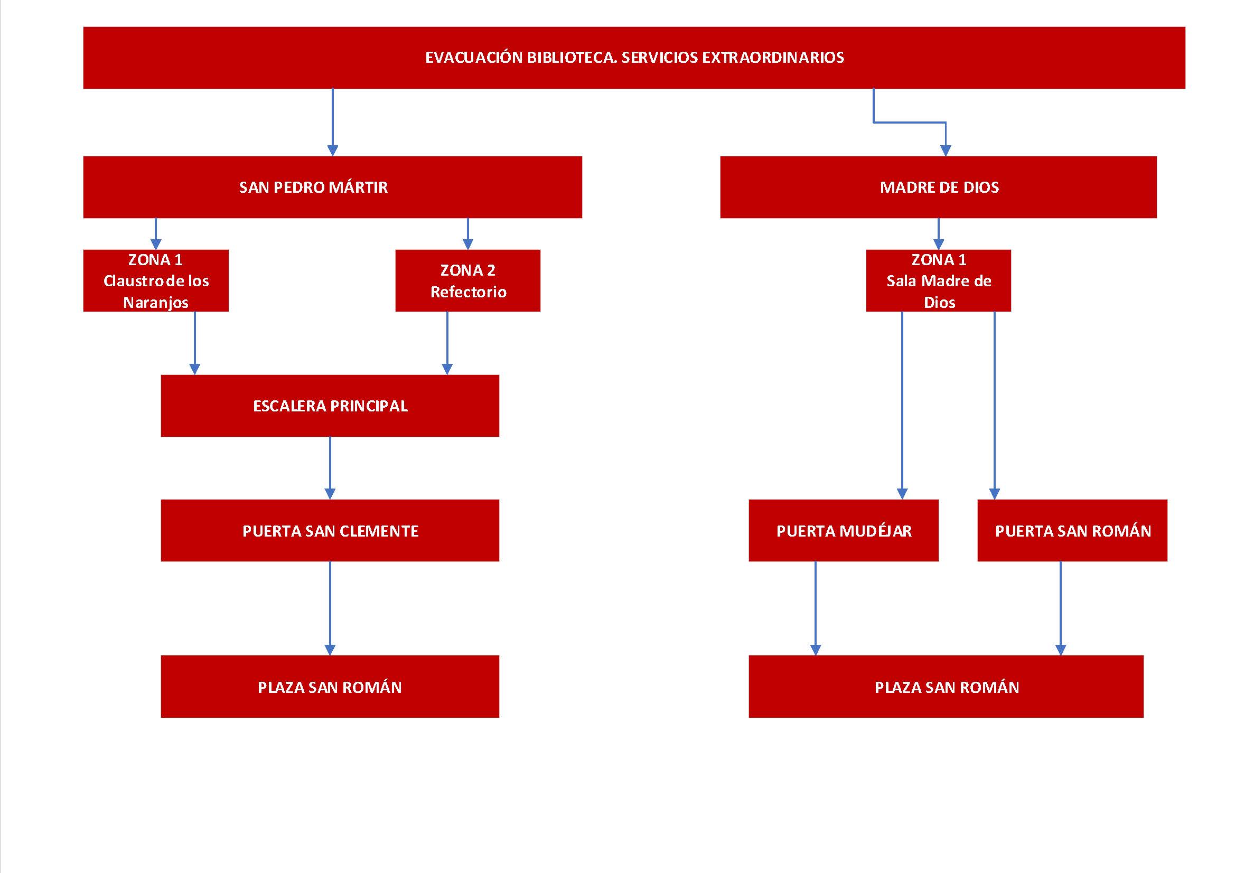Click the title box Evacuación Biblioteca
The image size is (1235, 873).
[x=634, y=58]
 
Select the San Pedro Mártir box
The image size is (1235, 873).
[x=332, y=187]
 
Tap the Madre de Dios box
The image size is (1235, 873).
[x=938, y=187]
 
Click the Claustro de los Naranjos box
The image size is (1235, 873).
[x=156, y=281]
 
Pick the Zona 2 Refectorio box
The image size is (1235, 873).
[x=468, y=281]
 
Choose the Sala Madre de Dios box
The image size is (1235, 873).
[x=939, y=281]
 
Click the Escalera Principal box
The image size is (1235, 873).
[x=330, y=406]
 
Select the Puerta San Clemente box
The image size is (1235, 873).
[x=330, y=530]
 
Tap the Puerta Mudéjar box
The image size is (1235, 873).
[x=844, y=530]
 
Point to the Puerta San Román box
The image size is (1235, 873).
[x=1072, y=530]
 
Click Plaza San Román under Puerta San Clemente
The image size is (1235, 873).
[x=330, y=687]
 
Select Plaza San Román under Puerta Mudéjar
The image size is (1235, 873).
[x=946, y=687]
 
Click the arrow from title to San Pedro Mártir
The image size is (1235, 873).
[x=333, y=123]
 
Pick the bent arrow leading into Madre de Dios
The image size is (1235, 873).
[x=909, y=123]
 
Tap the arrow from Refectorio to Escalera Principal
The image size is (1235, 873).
[x=447, y=343]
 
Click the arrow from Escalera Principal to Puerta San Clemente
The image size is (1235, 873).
[x=330, y=468]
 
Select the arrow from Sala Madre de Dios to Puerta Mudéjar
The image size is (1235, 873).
[x=902, y=406]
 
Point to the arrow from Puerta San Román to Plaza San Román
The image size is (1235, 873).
[x=1061, y=608]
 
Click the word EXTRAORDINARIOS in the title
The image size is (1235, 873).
[x=773, y=58]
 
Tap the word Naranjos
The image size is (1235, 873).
[x=156, y=303]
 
